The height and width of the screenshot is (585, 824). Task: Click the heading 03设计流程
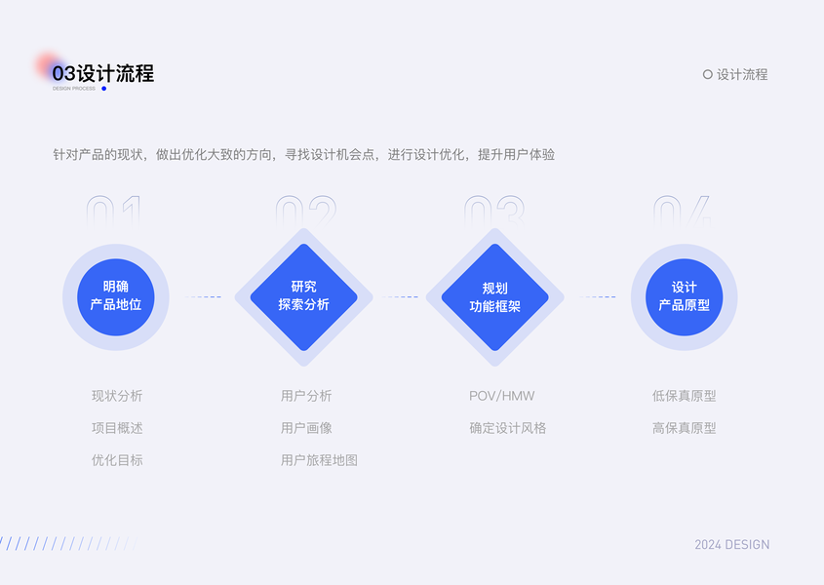coord(103,74)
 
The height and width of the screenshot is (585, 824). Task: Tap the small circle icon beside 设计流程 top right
coord(708,74)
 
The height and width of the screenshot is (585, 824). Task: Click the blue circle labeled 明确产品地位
coord(116,296)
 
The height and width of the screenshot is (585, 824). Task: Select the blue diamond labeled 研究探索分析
coord(304,296)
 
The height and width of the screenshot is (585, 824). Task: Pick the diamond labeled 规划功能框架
coord(494,297)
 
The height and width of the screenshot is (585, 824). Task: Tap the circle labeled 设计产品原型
coord(684,296)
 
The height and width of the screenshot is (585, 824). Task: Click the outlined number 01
coord(115,211)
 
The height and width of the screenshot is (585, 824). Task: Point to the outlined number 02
coord(304,211)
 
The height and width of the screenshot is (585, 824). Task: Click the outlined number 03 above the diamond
coord(493,211)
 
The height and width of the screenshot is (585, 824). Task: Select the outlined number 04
coord(683,211)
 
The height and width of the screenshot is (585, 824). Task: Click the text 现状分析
coord(117,396)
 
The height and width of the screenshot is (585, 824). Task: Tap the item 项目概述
coord(117,428)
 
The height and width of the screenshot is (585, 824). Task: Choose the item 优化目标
coord(117,460)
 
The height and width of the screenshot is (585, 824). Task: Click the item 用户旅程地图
coord(319,460)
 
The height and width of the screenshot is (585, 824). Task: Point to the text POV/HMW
coord(502,396)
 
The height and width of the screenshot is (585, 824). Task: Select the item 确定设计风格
coord(508,428)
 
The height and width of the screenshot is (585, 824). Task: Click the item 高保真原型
coord(685,428)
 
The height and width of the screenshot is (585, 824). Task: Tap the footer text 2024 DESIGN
coord(731,545)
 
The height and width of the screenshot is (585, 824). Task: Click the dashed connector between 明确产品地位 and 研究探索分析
coord(204,297)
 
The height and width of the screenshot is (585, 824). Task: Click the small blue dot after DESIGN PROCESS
coord(104,89)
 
